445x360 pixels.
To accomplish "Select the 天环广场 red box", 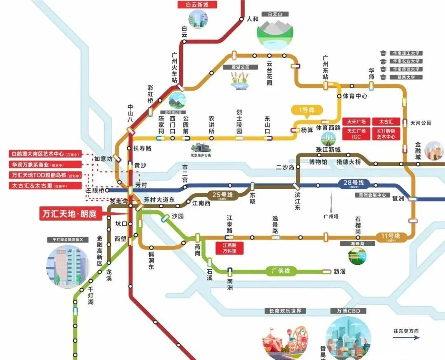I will pos(356,122).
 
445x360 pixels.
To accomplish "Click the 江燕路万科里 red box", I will pos(230,248).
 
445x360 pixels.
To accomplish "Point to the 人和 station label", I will pos(253,19).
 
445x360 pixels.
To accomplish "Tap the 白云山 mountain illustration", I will pos(274,33).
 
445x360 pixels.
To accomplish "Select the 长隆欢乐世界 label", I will pos(285,311).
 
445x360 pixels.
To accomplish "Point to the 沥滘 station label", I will pos(340,271).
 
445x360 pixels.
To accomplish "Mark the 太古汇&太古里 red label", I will pos(45,186).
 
